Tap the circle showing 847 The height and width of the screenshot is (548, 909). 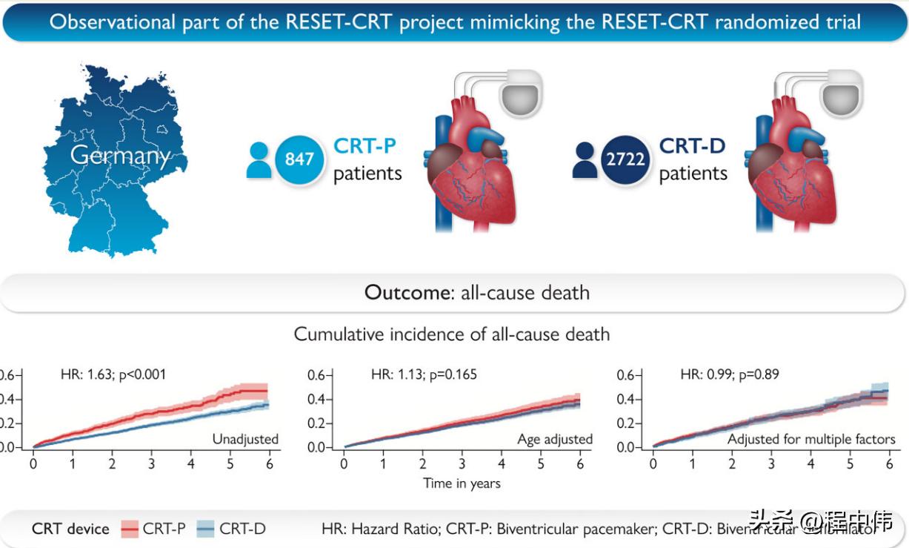299,159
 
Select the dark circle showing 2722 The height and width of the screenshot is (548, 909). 625,159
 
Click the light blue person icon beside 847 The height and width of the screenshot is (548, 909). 259,159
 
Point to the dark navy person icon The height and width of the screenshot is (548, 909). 584,159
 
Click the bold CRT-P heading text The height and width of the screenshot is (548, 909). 365,145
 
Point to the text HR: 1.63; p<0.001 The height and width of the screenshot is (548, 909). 113,374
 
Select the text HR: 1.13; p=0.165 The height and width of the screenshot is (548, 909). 424,374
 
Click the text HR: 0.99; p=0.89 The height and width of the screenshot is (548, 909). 730,374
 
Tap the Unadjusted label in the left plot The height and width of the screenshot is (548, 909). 245,439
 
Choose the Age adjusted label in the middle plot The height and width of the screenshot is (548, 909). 555,439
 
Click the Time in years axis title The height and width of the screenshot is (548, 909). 462,483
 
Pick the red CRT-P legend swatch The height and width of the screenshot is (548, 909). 130,529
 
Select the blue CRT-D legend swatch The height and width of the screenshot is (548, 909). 206,529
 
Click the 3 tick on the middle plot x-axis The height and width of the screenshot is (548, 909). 462,464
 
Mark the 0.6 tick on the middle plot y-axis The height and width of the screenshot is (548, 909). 316,375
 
